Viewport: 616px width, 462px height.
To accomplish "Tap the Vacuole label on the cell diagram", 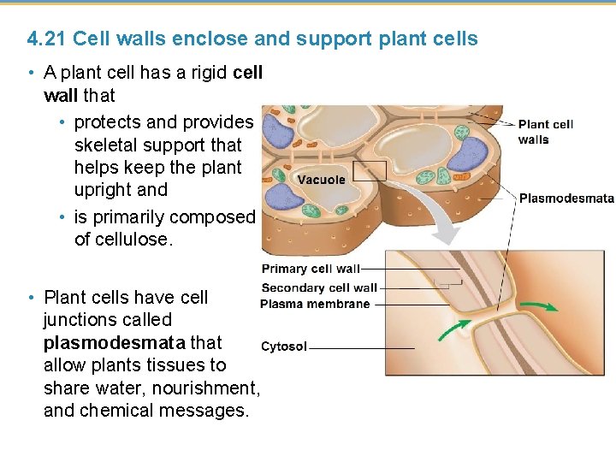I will (x=321, y=180).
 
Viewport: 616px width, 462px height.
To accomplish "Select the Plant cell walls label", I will (x=545, y=132).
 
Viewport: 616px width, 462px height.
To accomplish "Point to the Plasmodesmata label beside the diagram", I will (x=566, y=198).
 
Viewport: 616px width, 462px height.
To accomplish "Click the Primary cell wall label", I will (x=311, y=269).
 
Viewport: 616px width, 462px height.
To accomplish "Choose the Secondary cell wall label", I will (x=318, y=287).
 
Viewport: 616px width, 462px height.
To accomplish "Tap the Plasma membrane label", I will (x=315, y=304).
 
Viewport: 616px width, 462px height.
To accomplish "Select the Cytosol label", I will (x=283, y=347).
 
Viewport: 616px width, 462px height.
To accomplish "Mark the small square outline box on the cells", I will (x=370, y=171).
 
